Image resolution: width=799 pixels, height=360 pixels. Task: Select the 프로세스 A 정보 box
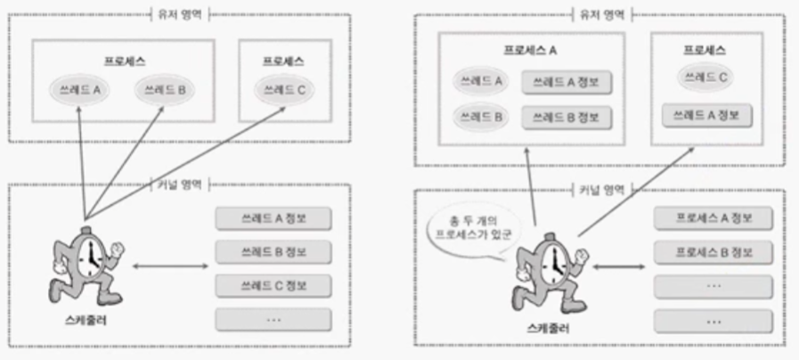(x=710, y=217)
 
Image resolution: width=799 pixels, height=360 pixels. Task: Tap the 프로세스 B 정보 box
(x=710, y=251)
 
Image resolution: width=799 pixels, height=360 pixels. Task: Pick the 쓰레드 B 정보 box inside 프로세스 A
(x=567, y=117)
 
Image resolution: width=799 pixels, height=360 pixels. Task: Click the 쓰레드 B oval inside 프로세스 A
(x=479, y=117)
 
